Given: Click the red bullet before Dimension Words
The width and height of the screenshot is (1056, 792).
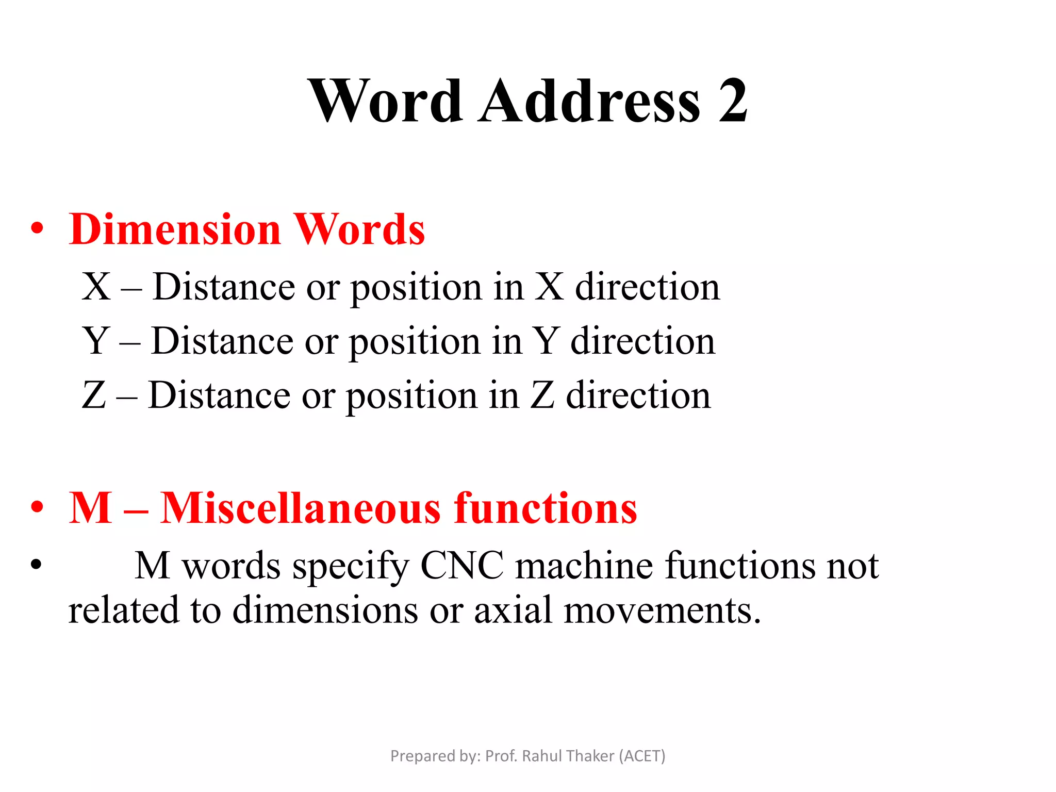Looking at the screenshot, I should (37, 228).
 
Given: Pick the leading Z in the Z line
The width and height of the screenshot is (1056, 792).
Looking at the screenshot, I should (94, 395).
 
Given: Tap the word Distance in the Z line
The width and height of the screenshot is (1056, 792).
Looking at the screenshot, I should (220, 395).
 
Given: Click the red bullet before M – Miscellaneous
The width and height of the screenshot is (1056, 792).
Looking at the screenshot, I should (37, 507).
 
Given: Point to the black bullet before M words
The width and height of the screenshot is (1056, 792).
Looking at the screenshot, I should (36, 564).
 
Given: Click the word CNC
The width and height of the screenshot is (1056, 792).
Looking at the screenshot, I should (462, 566).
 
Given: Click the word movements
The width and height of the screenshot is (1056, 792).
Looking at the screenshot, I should (662, 610).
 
